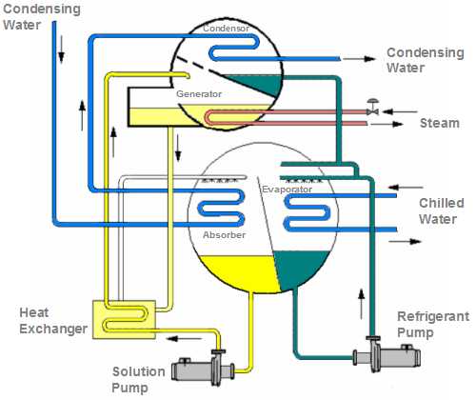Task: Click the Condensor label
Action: [x=226, y=29]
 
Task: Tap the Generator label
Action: [x=199, y=94]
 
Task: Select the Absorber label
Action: [x=224, y=235]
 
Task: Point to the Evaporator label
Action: [x=287, y=190]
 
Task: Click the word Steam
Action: [x=440, y=123]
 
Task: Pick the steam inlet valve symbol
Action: [x=372, y=108]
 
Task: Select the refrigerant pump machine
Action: [x=387, y=354]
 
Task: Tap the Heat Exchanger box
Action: [x=124, y=320]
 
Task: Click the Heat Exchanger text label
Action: [x=53, y=321]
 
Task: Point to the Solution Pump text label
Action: [x=138, y=379]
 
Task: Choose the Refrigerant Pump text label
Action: [x=433, y=325]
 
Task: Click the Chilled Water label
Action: [x=441, y=210]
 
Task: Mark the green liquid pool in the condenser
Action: [x=260, y=84]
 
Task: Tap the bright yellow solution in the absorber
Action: [x=238, y=271]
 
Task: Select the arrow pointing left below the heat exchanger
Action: [x=185, y=339]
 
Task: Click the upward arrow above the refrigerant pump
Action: [x=361, y=305]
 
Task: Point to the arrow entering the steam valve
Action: [x=400, y=111]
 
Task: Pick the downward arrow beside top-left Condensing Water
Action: [x=61, y=49]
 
